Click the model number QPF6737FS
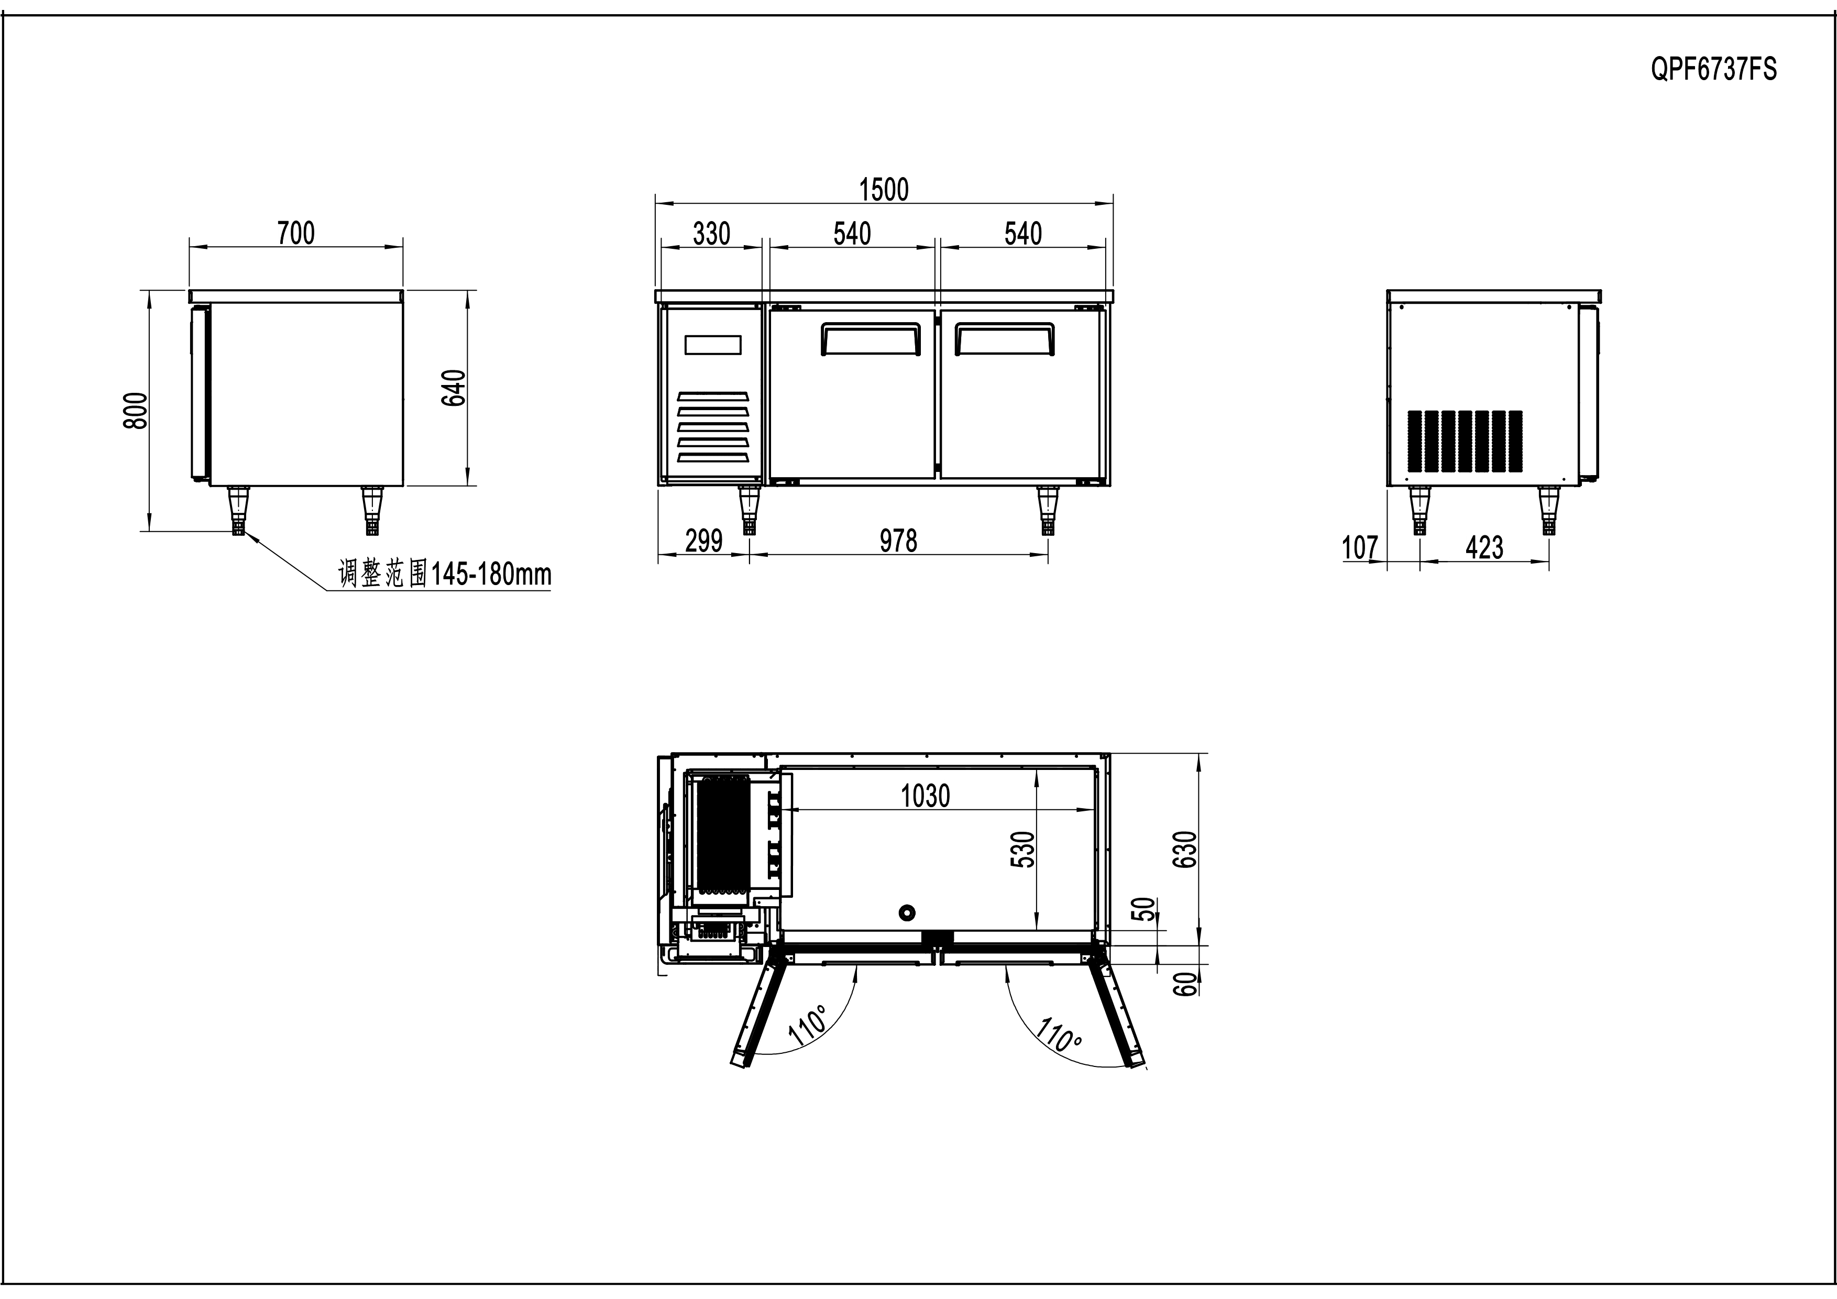1713,70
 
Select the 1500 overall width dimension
884,190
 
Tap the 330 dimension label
711,234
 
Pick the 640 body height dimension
454,388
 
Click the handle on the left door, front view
870,338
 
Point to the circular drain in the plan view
907,912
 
